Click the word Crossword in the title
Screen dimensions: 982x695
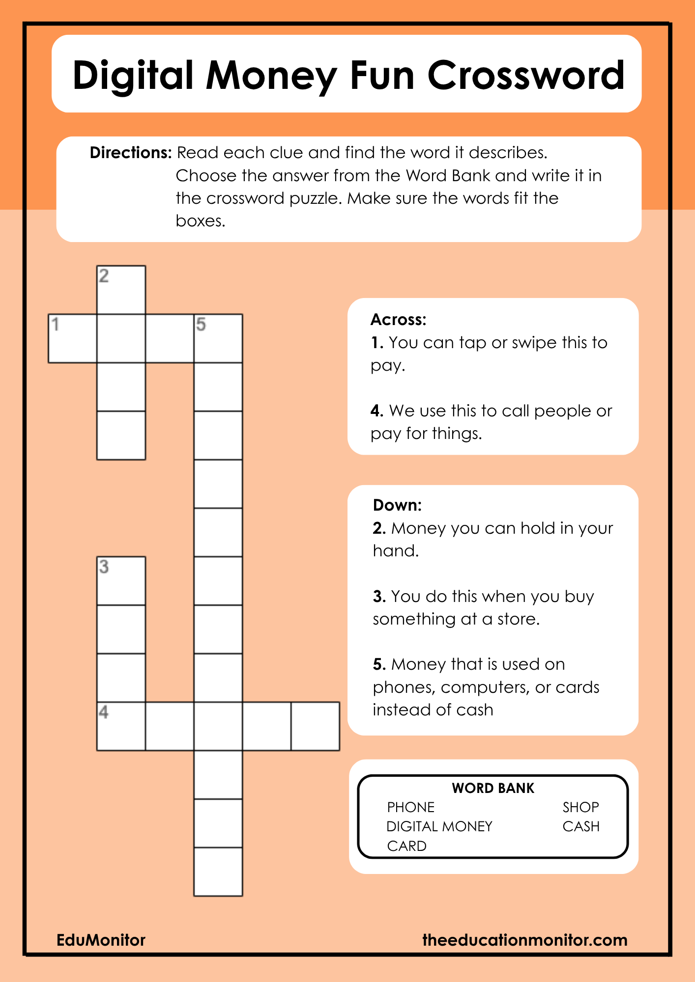pyautogui.click(x=526, y=75)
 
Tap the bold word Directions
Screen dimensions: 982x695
pyautogui.click(x=130, y=153)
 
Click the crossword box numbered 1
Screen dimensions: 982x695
pyautogui.click(x=72, y=338)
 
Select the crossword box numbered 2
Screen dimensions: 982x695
pyautogui.click(x=121, y=290)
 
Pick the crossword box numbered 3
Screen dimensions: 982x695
pyautogui.click(x=121, y=580)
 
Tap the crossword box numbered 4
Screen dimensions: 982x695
pyautogui.click(x=121, y=726)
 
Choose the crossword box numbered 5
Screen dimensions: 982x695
pyautogui.click(x=218, y=338)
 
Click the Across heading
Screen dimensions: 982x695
pyautogui.click(x=398, y=320)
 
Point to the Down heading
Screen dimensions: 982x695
pyautogui.click(x=397, y=505)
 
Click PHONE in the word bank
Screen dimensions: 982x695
pyautogui.click(x=411, y=807)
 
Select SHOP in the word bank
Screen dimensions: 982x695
pyautogui.click(x=580, y=807)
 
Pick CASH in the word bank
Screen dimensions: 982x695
pyautogui.click(x=581, y=826)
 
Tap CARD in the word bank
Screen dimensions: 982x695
pyautogui.click(x=406, y=846)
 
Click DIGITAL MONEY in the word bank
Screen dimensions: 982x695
pyautogui.click(x=439, y=826)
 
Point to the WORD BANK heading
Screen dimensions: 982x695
pyautogui.click(x=493, y=788)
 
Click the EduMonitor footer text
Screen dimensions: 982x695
pyautogui.click(x=101, y=940)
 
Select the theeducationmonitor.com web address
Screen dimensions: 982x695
pyautogui.click(x=525, y=940)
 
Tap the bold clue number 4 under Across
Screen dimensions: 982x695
pyautogui.click(x=376, y=410)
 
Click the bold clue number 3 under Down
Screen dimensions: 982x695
pyautogui.click(x=378, y=596)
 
